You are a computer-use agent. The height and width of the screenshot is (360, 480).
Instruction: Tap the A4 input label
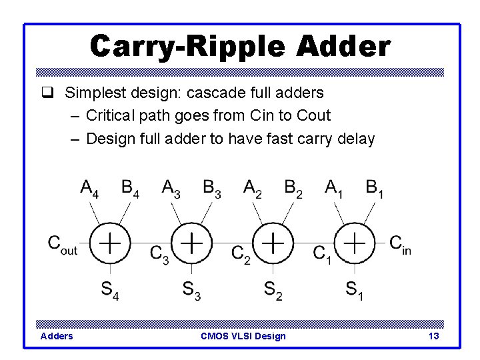[x=91, y=189]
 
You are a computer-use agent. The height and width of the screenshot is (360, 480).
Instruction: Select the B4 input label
[x=131, y=189]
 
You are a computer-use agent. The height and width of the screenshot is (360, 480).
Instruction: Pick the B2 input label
[x=293, y=189]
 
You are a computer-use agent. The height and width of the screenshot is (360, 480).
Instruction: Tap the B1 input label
[x=375, y=189]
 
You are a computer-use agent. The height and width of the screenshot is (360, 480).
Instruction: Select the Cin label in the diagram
[x=400, y=244]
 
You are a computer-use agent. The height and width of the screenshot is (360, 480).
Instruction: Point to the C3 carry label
[x=159, y=254]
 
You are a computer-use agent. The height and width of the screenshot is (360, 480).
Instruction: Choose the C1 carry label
[x=323, y=254]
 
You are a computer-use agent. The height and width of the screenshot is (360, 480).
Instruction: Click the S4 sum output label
[x=109, y=290]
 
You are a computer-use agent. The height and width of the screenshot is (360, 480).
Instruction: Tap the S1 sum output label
[x=354, y=290]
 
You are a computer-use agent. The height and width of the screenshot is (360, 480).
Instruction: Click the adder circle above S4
[x=109, y=243]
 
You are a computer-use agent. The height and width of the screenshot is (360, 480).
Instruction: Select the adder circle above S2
[x=273, y=243]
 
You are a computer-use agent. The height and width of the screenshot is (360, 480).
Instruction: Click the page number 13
[x=433, y=336]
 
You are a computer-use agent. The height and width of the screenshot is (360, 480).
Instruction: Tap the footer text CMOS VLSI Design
[x=243, y=336]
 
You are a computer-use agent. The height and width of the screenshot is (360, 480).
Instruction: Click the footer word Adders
[x=57, y=336]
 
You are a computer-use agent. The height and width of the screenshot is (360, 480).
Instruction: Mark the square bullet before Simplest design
[x=46, y=92]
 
